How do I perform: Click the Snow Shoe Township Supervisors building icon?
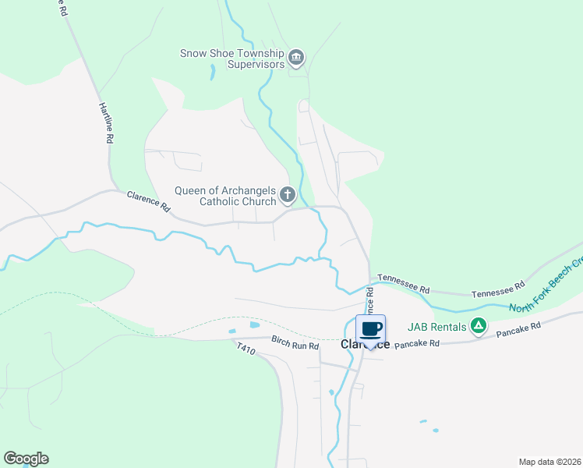[296, 57]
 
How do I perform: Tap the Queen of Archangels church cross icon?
[288, 194]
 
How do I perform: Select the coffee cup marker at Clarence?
[371, 329]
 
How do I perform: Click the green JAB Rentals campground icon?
[479, 327]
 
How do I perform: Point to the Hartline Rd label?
[106, 122]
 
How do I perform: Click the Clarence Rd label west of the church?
[148, 203]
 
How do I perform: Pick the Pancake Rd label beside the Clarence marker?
[418, 343]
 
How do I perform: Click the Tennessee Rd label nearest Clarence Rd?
[404, 282]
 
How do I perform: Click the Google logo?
[26, 459]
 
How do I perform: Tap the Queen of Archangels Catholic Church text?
[226, 195]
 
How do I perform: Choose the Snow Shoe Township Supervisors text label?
[231, 58]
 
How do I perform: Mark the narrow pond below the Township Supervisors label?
[211, 73]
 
